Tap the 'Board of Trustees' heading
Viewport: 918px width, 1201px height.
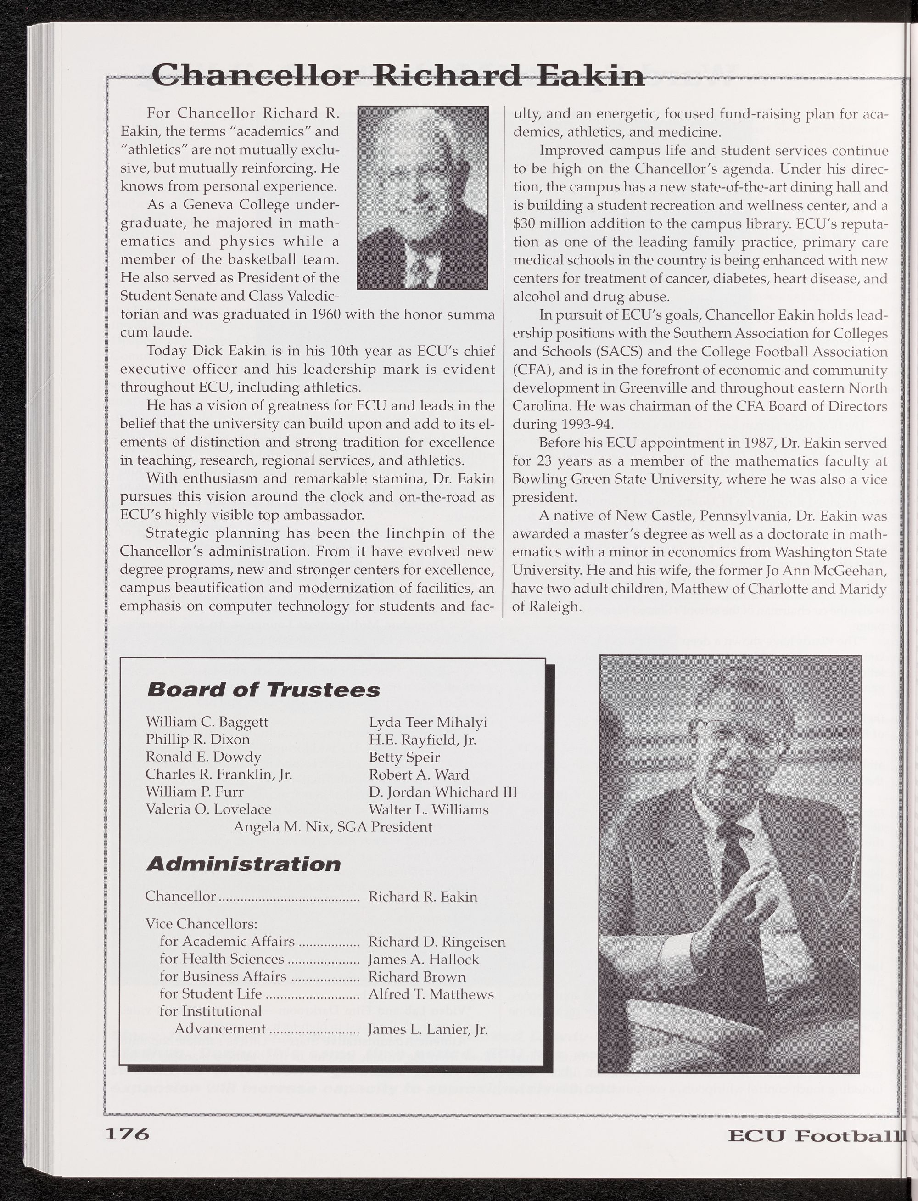263,690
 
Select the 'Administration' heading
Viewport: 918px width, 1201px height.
243,864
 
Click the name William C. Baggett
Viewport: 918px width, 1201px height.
207,722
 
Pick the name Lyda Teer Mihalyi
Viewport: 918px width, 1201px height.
428,722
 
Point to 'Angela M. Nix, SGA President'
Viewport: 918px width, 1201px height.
332,827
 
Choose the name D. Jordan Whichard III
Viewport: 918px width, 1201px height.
442,792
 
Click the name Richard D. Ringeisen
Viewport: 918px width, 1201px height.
437,942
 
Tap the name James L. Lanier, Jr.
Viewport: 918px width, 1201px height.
427,1029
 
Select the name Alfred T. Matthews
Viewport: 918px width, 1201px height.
431,994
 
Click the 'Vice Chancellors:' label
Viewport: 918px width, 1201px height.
201,924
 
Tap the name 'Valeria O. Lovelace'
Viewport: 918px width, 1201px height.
208,809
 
